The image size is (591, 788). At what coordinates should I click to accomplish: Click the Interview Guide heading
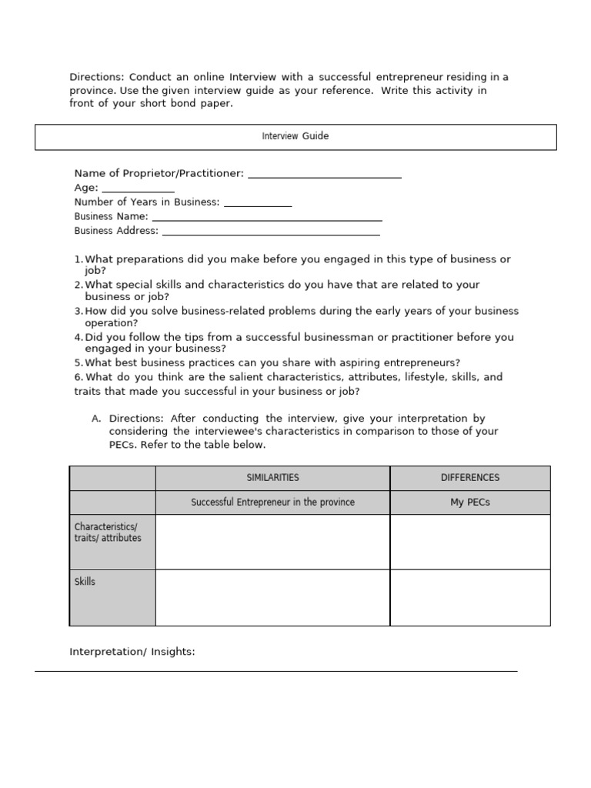coord(295,136)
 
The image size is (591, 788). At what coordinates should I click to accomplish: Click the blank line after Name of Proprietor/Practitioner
coord(324,175)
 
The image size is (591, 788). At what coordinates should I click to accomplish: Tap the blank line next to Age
coord(138,189)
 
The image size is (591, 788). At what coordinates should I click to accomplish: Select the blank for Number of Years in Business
coord(257,203)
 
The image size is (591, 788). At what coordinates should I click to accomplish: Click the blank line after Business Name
coord(266,218)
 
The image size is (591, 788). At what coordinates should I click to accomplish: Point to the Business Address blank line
coord(270,232)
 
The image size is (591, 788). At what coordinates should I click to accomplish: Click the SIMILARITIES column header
coord(272,478)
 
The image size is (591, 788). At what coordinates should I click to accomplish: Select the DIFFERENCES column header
coord(469,478)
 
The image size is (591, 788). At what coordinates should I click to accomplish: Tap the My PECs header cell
coord(469,503)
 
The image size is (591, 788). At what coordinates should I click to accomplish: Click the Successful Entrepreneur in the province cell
coord(272,503)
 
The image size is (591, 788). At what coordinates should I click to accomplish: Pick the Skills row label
coord(85,582)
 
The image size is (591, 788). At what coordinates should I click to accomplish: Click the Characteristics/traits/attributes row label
coord(108,533)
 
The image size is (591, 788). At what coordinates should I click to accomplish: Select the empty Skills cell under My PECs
coord(469,597)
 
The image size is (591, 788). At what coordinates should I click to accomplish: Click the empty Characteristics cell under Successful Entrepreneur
coord(272,542)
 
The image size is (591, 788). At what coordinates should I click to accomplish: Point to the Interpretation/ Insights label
coord(132,652)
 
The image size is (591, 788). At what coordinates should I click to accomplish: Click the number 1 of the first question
coord(77,260)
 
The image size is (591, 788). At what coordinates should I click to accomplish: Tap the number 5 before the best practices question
coord(77,362)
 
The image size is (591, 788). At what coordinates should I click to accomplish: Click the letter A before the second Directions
coord(95,419)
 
